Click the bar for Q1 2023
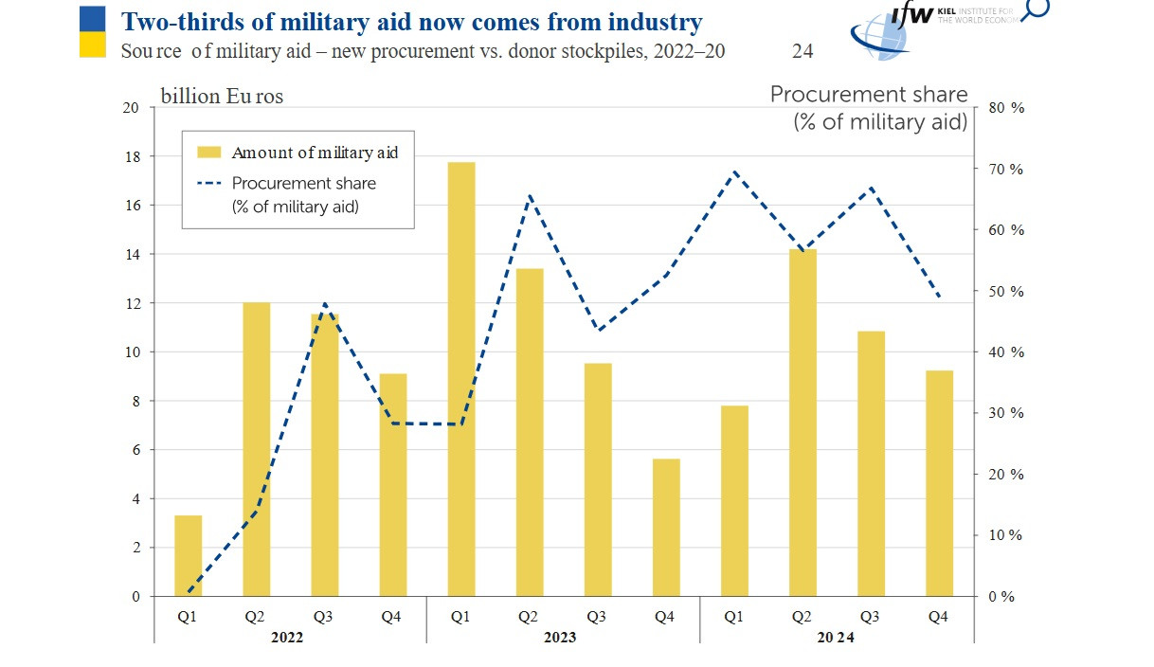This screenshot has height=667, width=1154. [461, 379]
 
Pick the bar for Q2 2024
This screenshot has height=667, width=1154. [802, 423]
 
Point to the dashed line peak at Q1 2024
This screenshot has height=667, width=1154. [735, 171]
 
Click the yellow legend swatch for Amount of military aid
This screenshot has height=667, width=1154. [208, 153]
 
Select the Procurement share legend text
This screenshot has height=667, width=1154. [303, 184]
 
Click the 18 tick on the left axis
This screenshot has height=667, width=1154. [132, 156]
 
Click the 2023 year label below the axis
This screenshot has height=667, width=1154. [559, 638]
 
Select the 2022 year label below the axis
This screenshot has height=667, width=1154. [287, 638]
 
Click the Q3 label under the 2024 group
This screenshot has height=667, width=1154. [870, 617]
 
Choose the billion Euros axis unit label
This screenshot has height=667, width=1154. [222, 96]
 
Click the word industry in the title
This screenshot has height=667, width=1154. [653, 21]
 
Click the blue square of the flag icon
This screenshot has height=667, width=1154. [92, 16]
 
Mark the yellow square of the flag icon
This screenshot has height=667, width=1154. [92, 44]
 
